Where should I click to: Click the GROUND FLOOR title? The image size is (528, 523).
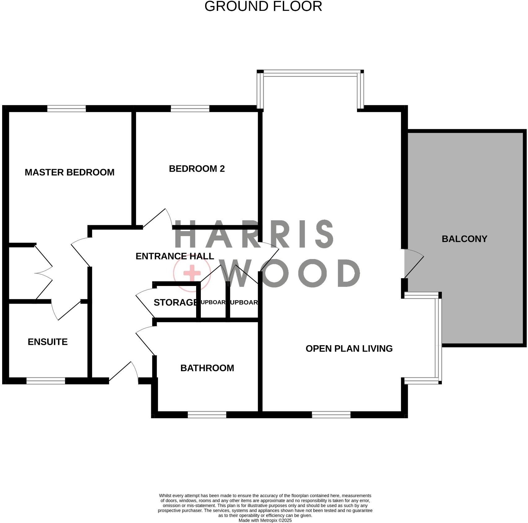click(x=263, y=7)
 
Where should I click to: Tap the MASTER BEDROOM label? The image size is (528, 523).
click(x=69, y=172)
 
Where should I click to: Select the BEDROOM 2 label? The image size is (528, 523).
click(x=197, y=169)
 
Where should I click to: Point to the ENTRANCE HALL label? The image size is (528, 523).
click(x=175, y=256)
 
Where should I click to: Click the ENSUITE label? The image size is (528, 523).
click(x=48, y=342)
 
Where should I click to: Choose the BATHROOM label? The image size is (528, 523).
click(x=207, y=368)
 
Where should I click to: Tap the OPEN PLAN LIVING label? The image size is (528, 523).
click(x=349, y=349)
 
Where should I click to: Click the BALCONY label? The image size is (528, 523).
click(x=464, y=239)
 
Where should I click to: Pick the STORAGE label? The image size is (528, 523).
click(x=175, y=302)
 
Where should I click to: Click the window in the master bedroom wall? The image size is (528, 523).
click(x=66, y=108)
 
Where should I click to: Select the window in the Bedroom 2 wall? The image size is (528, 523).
click(x=190, y=108)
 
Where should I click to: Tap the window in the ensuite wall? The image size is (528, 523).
click(x=46, y=381)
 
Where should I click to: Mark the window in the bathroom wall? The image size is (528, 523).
click(x=207, y=415)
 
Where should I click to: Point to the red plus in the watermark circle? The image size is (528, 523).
click(x=192, y=274)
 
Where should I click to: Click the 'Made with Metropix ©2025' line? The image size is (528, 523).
click(x=265, y=521)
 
